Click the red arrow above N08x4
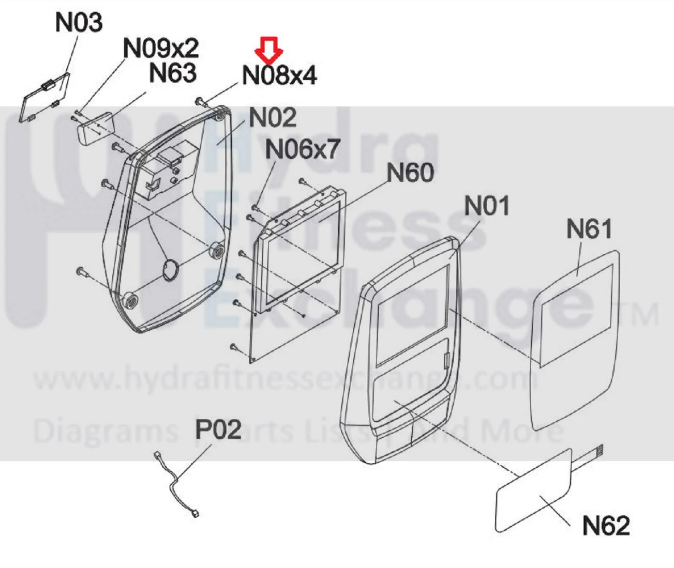(x=269, y=50)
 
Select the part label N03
(x=79, y=22)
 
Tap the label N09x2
(x=161, y=48)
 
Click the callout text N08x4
(x=279, y=75)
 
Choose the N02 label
(x=273, y=117)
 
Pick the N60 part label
(x=410, y=172)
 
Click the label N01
(x=487, y=206)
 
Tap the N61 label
(x=589, y=228)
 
